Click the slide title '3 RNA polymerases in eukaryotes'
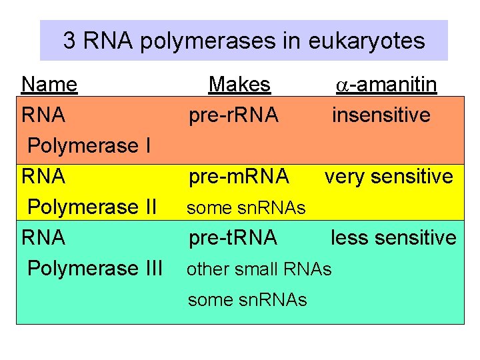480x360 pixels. (243, 41)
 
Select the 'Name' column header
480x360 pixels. (49, 85)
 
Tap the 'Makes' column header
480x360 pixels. (239, 85)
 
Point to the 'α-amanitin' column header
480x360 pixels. (385, 85)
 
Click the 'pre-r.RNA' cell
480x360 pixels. (233, 115)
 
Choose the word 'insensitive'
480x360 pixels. (381, 115)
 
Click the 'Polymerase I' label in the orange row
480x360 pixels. (89, 146)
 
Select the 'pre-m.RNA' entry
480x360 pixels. (239, 177)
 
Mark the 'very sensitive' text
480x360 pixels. (389, 177)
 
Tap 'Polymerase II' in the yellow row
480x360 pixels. (92, 207)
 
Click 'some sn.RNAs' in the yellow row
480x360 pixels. (246, 209)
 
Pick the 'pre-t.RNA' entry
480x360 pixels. (233, 238)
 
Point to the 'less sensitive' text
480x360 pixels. (393, 238)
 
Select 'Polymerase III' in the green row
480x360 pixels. (95, 269)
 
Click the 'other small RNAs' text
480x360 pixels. (259, 269)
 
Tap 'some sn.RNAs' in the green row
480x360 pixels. (247, 300)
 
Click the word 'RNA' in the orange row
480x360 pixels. (43, 115)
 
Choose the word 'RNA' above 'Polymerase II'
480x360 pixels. (43, 177)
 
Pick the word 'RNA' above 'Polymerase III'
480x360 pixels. (43, 238)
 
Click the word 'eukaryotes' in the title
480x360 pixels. (366, 41)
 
